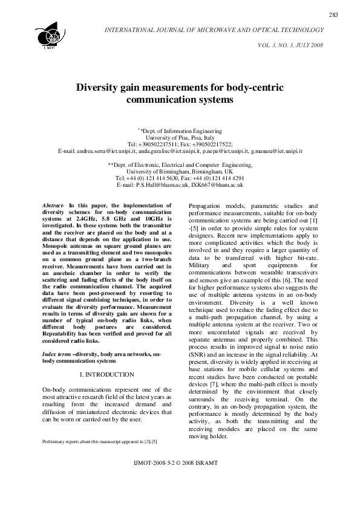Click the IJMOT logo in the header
click(x=48, y=33)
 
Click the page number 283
click(x=333, y=15)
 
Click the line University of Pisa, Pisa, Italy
click(x=180, y=137)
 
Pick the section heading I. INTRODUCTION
click(x=106, y=375)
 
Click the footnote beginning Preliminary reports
click(x=100, y=442)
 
